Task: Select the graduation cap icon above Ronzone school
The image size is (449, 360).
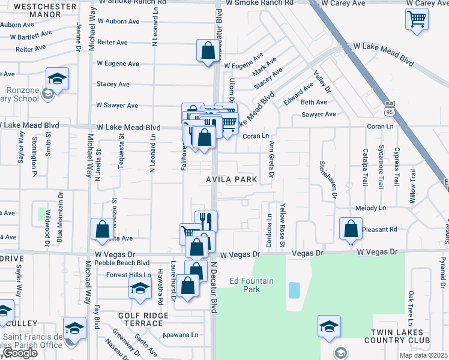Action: click(x=57, y=79)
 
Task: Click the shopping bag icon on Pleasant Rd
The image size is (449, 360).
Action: click(x=351, y=229)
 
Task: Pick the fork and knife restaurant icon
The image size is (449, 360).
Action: click(x=206, y=221)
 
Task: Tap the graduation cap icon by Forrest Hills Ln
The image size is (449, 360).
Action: click(x=140, y=288)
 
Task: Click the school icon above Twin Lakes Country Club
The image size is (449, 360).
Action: click(x=329, y=326)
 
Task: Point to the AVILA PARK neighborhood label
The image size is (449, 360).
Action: click(x=232, y=179)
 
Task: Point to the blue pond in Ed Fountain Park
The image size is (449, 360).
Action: click(x=294, y=290)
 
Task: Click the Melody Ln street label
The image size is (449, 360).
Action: click(x=370, y=208)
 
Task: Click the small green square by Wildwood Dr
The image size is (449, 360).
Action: click(x=43, y=214)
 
